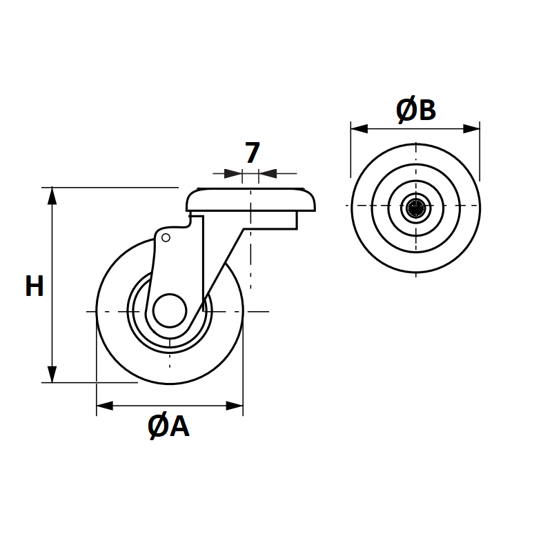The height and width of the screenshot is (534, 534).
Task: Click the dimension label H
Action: click(34, 286)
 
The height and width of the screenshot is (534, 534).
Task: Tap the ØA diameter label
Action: click(168, 427)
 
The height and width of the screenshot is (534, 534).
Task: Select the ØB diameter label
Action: click(416, 110)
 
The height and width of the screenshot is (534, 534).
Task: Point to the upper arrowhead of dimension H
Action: click(52, 195)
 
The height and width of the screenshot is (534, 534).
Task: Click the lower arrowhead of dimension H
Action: click(52, 375)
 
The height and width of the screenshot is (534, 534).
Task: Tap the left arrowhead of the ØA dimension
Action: click(104, 406)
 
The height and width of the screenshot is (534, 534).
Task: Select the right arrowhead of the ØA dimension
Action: click(235, 406)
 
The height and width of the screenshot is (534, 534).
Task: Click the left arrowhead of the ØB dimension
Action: click(359, 128)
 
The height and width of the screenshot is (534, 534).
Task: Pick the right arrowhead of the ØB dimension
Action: click(472, 128)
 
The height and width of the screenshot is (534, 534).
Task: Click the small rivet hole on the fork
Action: click(166, 238)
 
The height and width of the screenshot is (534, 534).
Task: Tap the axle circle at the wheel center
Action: click(169, 310)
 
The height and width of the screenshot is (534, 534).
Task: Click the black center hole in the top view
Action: click(416, 207)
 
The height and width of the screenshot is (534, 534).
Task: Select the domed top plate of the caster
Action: click(251, 200)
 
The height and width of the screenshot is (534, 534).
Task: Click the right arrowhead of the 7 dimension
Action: click(268, 173)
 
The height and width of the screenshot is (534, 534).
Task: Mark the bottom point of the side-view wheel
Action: click(169, 383)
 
